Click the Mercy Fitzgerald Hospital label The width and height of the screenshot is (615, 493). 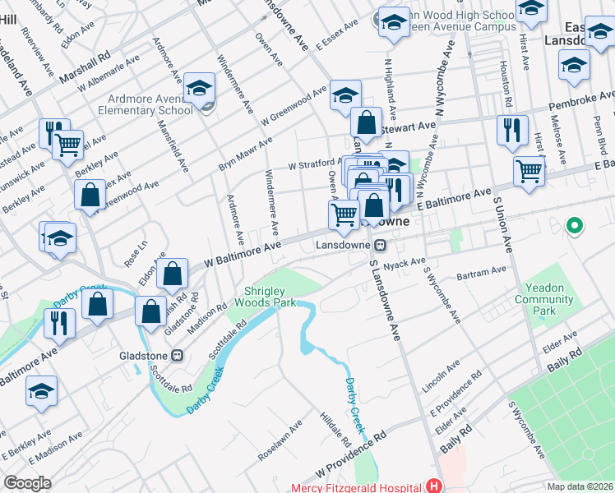click(x=355, y=487)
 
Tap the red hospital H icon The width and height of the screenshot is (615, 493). click(x=432, y=487)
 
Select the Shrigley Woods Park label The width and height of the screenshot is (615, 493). click(x=270, y=297)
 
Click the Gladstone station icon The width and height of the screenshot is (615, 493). click(x=176, y=357)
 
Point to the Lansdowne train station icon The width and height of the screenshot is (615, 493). click(x=381, y=245)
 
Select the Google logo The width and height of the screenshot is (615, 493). click(x=27, y=483)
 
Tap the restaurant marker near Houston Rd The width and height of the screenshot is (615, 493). click(x=511, y=129)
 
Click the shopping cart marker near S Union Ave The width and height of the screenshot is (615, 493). click(x=529, y=172)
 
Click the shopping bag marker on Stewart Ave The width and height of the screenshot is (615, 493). click(x=366, y=123)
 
